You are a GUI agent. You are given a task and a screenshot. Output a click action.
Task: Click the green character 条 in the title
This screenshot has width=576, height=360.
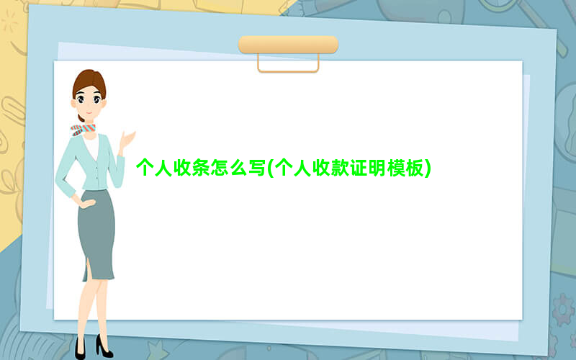point(201,168)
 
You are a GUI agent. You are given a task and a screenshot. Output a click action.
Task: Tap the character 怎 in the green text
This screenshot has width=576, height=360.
point(220,168)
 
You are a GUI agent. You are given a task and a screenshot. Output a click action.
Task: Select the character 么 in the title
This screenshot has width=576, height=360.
point(238,168)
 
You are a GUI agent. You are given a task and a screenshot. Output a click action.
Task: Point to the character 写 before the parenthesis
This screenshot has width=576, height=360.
point(256,168)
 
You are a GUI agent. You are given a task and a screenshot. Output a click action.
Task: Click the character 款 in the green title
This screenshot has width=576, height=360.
point(340,168)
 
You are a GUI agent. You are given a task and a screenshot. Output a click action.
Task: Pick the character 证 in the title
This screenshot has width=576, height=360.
point(359,168)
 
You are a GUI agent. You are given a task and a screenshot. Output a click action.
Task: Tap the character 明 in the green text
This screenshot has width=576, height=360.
point(377,168)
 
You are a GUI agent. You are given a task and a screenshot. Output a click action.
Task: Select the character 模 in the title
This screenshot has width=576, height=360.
point(396,168)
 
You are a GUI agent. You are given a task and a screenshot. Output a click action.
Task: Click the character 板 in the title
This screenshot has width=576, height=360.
point(415,168)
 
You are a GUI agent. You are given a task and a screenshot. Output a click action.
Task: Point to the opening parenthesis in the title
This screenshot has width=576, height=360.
point(271,168)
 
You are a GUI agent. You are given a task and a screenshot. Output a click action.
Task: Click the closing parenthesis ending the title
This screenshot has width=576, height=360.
point(428,168)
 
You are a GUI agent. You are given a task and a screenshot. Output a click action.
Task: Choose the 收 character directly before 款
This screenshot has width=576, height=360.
point(321,168)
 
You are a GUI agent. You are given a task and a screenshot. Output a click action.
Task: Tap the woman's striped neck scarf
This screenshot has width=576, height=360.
point(83,130)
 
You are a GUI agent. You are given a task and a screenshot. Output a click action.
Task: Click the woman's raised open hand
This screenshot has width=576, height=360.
point(127,140)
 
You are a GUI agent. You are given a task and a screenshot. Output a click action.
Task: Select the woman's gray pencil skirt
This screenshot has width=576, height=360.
point(96,235)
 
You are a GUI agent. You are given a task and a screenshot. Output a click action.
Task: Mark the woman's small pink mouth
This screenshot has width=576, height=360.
point(89,113)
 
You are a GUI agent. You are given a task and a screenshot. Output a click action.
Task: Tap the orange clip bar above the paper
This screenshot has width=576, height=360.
point(289,45)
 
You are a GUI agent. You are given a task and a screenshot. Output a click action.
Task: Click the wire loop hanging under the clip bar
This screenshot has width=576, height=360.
point(288,71)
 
